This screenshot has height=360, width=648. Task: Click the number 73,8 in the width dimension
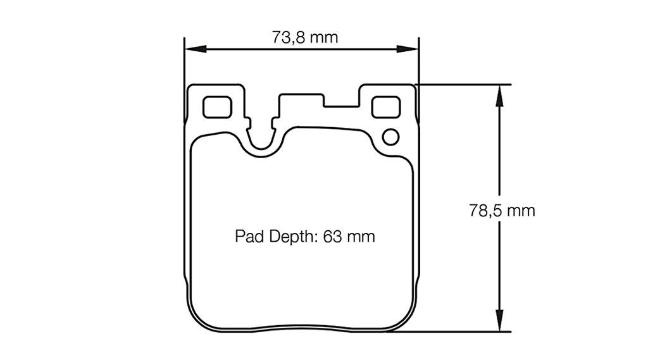(289, 37)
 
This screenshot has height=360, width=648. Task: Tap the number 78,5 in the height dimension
(486, 211)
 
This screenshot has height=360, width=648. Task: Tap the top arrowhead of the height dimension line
(500, 92)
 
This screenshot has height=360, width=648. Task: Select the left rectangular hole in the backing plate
(216, 107)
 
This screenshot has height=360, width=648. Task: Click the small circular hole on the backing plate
(390, 136)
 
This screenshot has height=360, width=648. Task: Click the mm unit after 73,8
(323, 37)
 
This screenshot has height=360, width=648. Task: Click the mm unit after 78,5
(521, 211)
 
